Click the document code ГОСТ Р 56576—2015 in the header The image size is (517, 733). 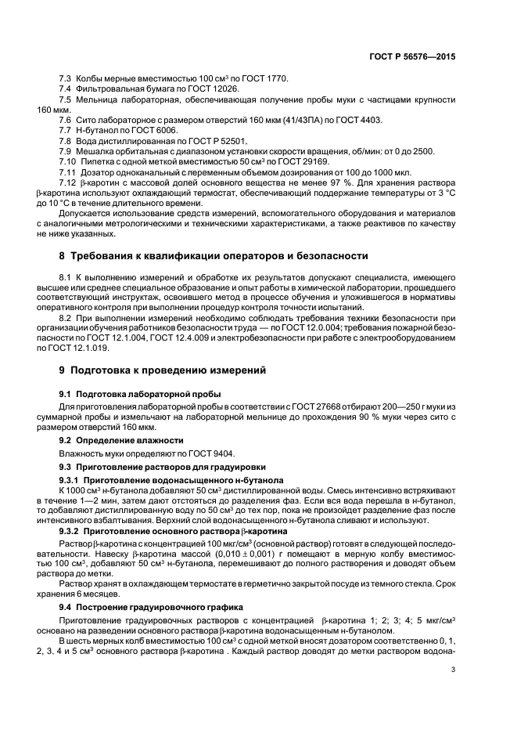pos(415,56)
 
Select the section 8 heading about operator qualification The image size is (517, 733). pos(214,256)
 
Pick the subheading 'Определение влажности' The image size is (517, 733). pos(121,441)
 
